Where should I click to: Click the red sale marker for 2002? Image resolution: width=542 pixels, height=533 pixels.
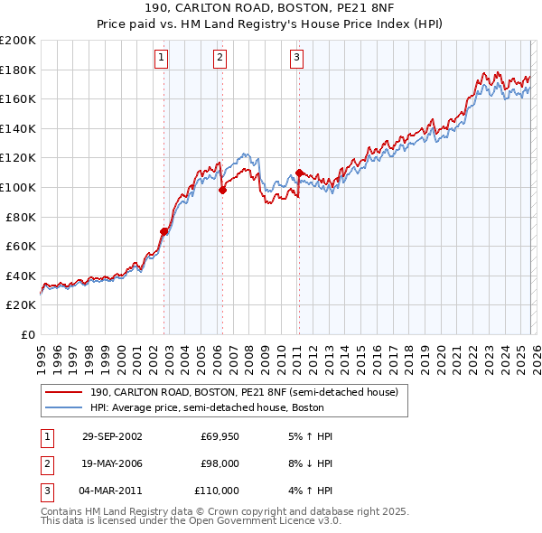[164, 231]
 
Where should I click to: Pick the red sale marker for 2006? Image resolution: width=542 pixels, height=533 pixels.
[222, 190]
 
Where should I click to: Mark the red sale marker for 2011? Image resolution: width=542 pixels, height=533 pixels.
[299, 173]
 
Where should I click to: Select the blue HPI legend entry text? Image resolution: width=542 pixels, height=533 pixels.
[217, 407]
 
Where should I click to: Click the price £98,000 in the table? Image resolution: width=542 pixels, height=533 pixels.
[220, 463]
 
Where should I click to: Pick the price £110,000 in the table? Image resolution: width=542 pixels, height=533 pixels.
[218, 491]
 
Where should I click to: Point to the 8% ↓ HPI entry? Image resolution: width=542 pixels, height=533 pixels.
[307, 463]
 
